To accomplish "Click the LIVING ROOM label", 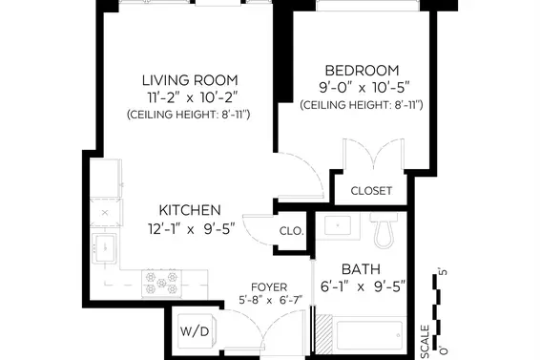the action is tap(190, 80).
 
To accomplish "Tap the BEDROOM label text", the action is tap(362, 71).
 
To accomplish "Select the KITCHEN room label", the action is tap(190, 210).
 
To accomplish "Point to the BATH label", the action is tap(361, 269).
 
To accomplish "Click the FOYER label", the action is tap(269, 286).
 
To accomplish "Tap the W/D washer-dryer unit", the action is tap(197, 331).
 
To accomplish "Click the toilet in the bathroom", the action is tap(384, 230).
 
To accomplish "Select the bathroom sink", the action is tap(338, 225).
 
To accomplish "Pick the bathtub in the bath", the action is tap(369, 335).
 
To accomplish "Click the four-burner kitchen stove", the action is tap(161, 284).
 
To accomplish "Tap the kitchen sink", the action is tap(105, 247).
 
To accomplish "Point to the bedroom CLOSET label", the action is tap(371, 191).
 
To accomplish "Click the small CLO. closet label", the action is tap(292, 231).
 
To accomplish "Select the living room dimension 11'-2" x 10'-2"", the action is tap(193, 98).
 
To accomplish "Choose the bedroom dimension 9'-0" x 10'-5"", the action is tap(364, 88).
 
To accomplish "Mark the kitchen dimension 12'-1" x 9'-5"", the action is tap(192, 228).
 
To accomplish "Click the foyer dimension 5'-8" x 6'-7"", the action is tap(271, 300).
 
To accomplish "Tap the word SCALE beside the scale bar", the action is tap(426, 342).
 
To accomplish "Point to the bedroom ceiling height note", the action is tap(362, 105).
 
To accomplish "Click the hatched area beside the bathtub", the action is tap(323, 334).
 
